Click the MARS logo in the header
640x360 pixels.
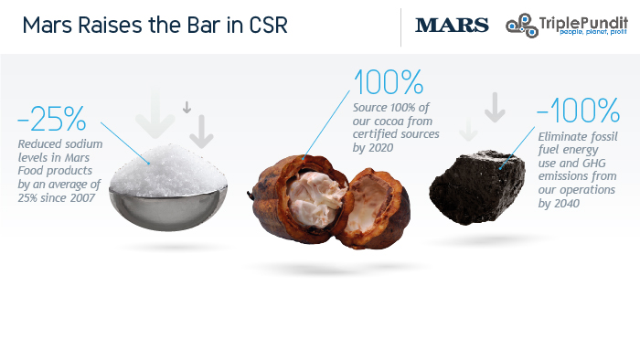(452, 25)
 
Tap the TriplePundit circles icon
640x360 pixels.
(522, 26)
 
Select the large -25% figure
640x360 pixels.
(52, 119)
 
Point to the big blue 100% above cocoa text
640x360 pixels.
(389, 82)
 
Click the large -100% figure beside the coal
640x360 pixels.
(578, 110)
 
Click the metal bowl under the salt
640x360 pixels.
(167, 208)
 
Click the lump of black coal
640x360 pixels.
(476, 187)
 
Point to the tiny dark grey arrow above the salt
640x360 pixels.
(187, 107)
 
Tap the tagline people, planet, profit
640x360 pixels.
(593, 32)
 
